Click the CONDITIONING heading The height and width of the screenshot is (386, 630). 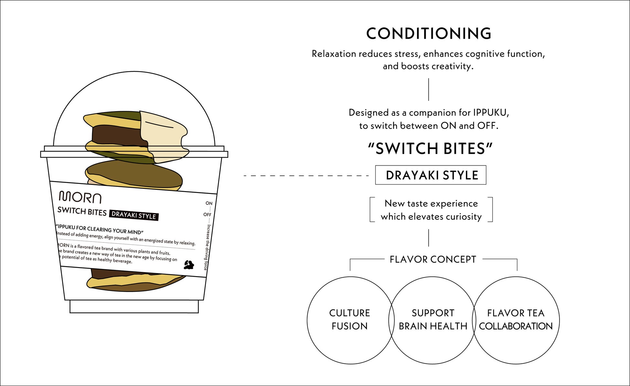[x=428, y=34]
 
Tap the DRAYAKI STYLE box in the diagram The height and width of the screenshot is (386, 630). [x=431, y=175]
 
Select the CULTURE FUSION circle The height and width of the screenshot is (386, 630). [x=349, y=320]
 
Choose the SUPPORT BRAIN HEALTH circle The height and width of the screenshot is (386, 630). [x=433, y=320]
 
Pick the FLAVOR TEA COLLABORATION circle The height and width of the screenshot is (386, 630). [x=516, y=320]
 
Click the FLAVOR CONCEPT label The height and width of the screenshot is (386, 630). [x=433, y=259]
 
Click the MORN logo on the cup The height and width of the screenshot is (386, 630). [x=80, y=197]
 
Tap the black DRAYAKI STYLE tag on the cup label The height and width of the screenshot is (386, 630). [x=134, y=215]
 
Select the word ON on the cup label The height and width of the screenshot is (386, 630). [x=209, y=203]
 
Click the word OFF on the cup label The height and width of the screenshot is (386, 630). [x=207, y=215]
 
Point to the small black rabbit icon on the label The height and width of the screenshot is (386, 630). [x=189, y=265]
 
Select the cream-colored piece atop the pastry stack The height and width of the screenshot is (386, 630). [x=163, y=133]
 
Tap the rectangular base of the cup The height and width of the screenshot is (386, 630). [x=134, y=306]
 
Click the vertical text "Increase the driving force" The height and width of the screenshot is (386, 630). [x=206, y=247]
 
